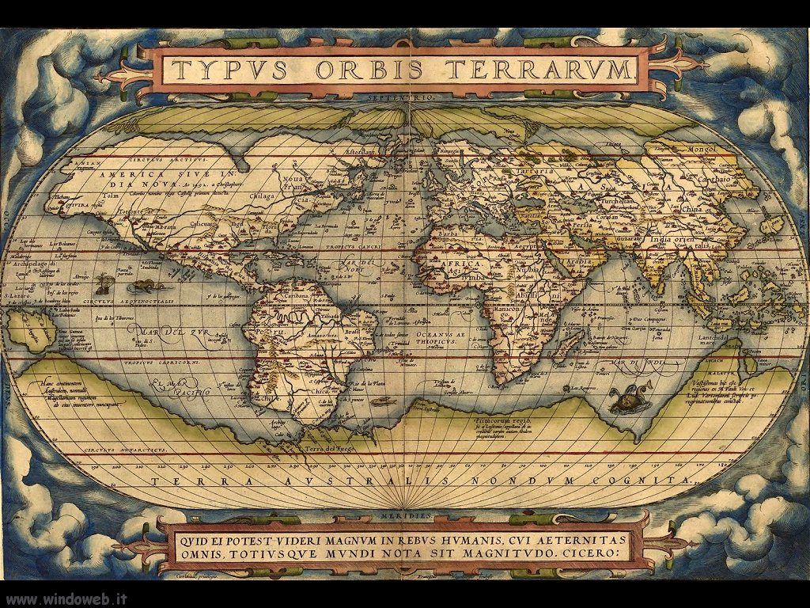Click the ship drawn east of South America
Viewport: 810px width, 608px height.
[x=382, y=401]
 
